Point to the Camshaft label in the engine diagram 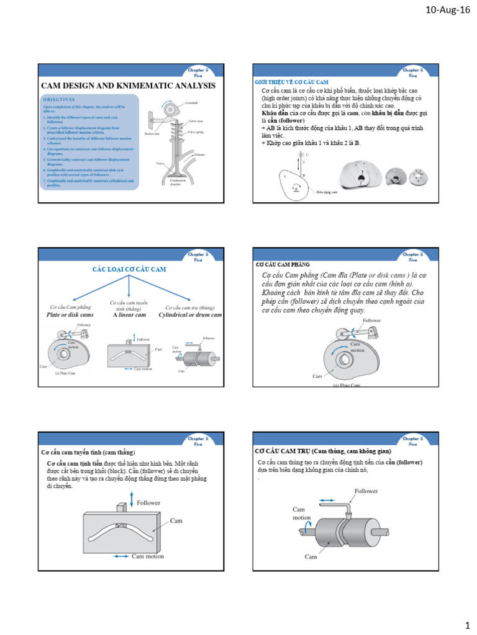[192, 101]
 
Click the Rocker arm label [152, 133]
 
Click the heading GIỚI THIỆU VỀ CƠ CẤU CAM [292, 82]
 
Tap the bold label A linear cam [129, 315]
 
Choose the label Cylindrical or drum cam [190, 315]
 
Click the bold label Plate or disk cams [70, 315]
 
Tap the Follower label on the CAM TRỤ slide [366, 491]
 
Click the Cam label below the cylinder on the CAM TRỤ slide [311, 557]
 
